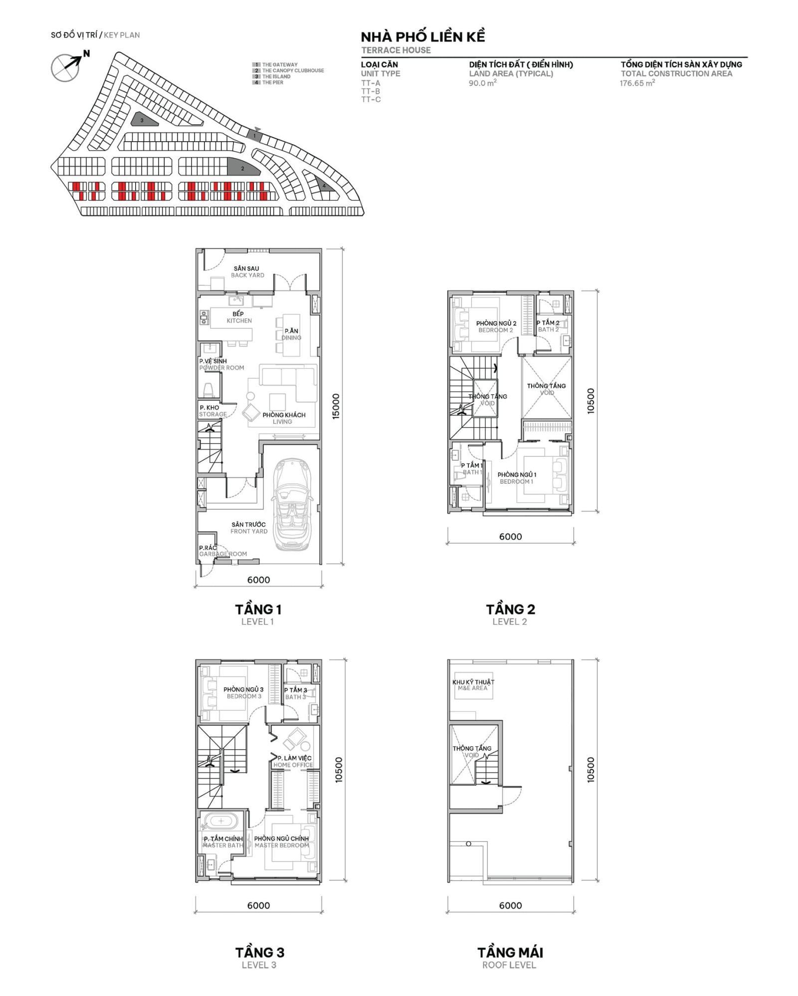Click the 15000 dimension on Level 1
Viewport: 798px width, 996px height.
point(336,406)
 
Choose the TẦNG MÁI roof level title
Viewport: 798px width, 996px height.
point(510,952)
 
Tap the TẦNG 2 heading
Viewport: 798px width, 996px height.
point(510,609)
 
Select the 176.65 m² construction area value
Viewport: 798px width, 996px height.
point(637,83)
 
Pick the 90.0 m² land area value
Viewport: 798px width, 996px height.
point(482,83)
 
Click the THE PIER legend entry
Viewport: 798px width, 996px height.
point(272,83)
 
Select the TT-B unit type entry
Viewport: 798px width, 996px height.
point(371,91)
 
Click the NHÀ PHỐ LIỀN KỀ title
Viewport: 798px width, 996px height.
point(422,37)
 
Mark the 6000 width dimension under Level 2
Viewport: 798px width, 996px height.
point(510,537)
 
